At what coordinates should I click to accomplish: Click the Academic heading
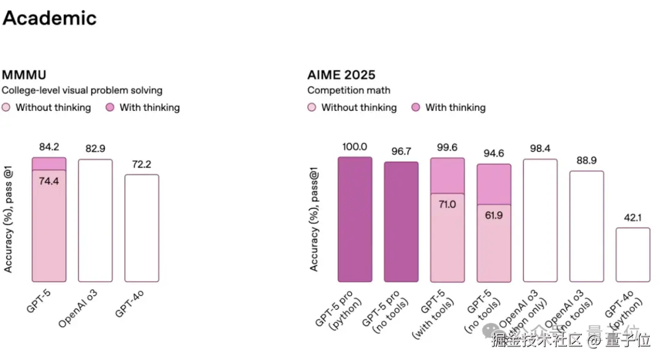coord(50,18)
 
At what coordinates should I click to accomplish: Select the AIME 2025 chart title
coord(341,75)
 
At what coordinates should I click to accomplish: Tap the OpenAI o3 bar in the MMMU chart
coord(95,221)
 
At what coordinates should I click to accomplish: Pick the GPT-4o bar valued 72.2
coord(142,228)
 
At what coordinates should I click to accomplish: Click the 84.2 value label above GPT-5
coord(49,147)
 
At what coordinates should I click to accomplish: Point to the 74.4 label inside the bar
coord(49,182)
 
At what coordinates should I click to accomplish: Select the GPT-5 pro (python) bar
coord(355,220)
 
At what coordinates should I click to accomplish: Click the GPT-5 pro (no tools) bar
coord(401,222)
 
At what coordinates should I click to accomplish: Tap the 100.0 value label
coord(355,147)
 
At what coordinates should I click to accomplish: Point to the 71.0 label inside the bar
coord(447,204)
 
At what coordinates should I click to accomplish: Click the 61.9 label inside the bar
coord(494,215)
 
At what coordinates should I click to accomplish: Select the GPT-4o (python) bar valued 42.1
coord(633,255)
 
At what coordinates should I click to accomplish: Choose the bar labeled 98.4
coord(540,221)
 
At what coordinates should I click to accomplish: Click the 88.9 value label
coord(587,161)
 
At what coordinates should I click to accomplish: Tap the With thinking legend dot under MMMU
coord(110,108)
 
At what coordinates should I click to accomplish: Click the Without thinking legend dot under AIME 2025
coord(312,108)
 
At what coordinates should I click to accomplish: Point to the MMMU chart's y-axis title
coord(9,219)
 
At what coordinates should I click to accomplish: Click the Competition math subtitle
coord(349,90)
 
